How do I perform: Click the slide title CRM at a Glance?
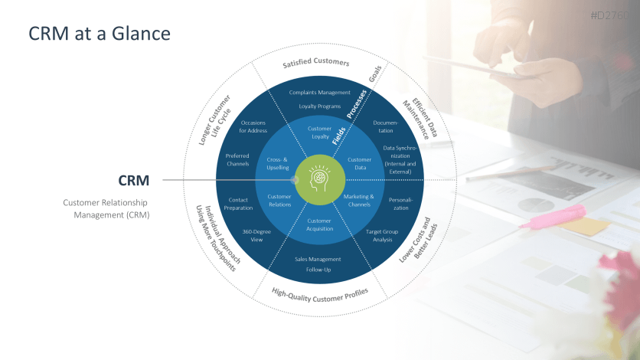click(99, 34)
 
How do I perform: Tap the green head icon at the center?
click(319, 180)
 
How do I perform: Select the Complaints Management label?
click(319, 93)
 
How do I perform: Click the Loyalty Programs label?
click(319, 106)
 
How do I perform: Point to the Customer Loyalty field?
click(319, 133)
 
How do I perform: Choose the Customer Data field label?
click(358, 163)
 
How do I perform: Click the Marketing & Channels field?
click(358, 200)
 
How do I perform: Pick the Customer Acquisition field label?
click(319, 225)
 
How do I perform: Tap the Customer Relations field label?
click(279, 200)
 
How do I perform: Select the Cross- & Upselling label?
click(279, 163)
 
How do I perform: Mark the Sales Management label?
click(318, 259)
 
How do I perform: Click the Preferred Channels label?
click(237, 159)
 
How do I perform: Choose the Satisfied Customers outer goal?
click(315, 63)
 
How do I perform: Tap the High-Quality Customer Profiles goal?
click(320, 292)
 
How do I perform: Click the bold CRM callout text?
click(132, 180)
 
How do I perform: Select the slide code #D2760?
click(613, 15)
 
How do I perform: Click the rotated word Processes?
click(357, 104)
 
